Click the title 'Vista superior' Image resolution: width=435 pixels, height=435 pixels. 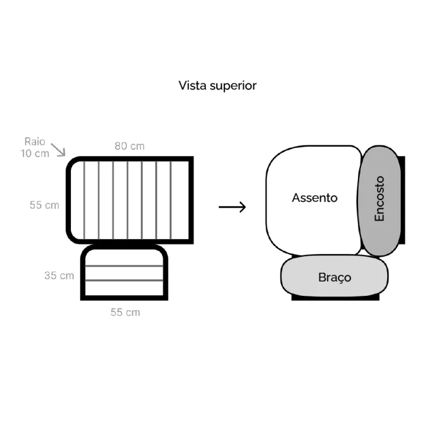click(x=217, y=86)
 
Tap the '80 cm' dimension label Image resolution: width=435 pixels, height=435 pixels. click(x=129, y=146)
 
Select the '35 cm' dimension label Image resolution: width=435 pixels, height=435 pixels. click(x=59, y=276)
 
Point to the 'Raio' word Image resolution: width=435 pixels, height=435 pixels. click(x=35, y=142)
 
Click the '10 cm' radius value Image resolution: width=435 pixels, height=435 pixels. click(x=35, y=153)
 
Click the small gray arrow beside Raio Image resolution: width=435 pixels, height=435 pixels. click(x=58, y=150)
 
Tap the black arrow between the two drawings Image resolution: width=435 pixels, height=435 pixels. click(x=232, y=207)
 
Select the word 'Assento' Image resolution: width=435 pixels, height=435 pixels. click(x=314, y=198)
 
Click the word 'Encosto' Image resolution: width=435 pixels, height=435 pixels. click(x=379, y=199)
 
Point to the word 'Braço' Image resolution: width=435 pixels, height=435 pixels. click(x=334, y=277)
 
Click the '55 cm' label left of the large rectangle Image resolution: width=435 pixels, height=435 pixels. click(x=44, y=205)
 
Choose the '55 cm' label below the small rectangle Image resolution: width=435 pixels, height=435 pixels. click(x=125, y=313)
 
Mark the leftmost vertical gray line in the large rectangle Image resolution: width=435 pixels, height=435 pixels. click(x=84, y=200)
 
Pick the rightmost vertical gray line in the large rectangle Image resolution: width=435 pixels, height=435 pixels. click(x=171, y=200)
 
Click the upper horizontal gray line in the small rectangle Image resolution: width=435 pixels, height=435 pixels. click(x=124, y=266)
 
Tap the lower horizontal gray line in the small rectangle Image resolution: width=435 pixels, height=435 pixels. click(x=124, y=280)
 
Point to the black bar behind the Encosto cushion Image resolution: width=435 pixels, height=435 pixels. click(x=403, y=200)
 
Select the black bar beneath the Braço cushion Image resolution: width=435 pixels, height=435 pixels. click(x=335, y=298)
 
